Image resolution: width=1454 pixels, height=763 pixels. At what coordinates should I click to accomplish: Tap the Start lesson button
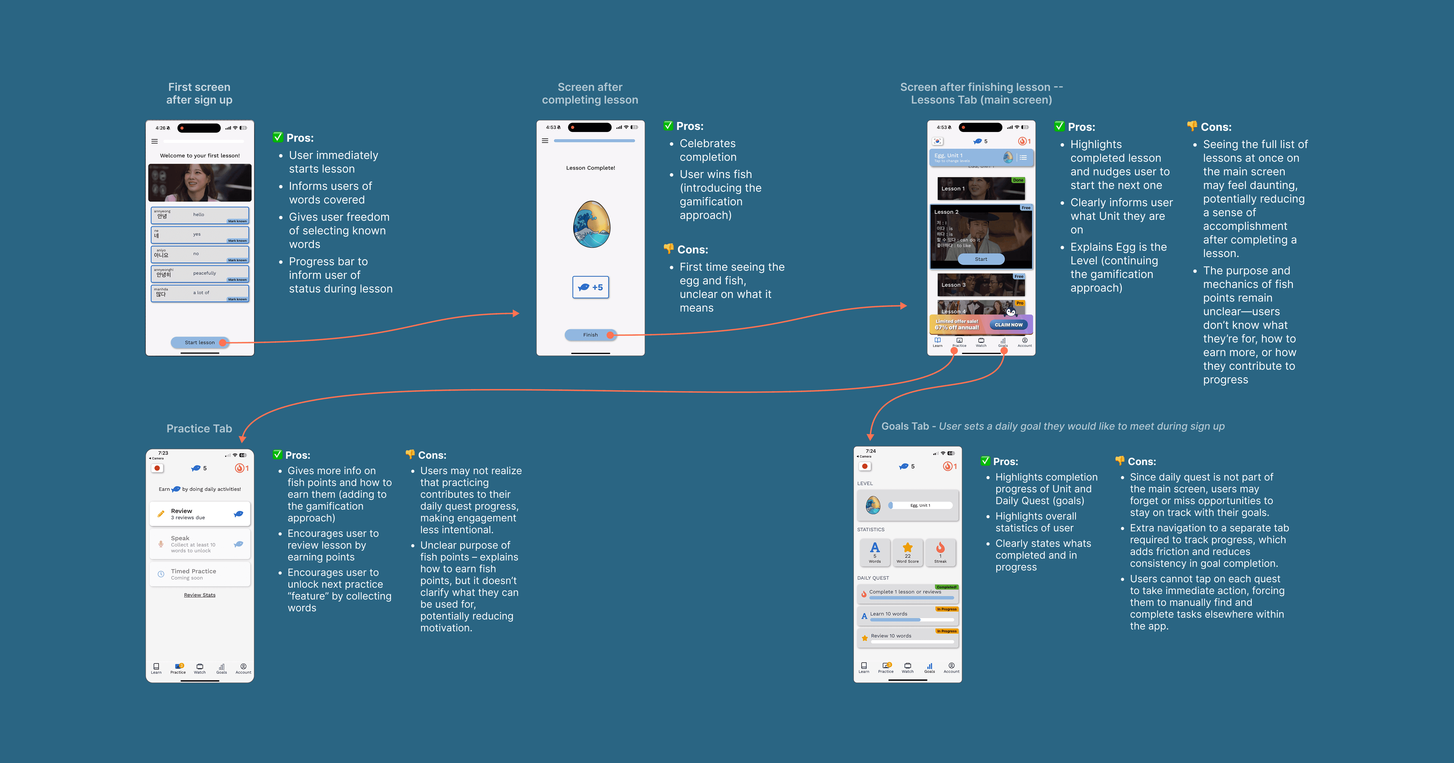coord(199,342)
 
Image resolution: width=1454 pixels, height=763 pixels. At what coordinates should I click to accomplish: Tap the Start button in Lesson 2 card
coord(981,259)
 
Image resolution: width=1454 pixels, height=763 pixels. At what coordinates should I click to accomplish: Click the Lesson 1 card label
coord(953,189)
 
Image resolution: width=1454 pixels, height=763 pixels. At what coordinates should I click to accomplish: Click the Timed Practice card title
coord(194,571)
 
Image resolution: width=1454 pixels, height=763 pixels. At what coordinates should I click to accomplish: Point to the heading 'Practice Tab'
coord(199,428)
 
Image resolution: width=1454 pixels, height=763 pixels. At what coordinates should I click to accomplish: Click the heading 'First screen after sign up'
coord(199,93)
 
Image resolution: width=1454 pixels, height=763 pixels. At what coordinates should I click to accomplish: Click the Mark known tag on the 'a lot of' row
coord(237,299)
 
